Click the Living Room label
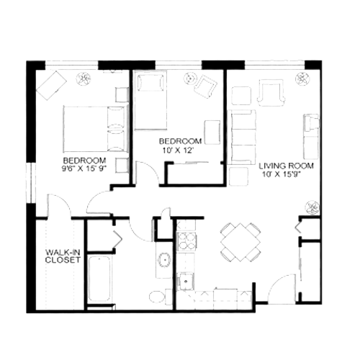(286, 166)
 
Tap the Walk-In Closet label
(63, 256)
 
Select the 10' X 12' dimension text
(178, 150)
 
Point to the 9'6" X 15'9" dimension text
(84, 168)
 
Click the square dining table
(240, 242)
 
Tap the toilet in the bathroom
(160, 297)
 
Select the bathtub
(99, 279)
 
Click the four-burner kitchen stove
(186, 241)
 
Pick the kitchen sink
(185, 282)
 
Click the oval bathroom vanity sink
(164, 259)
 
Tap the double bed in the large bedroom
(95, 129)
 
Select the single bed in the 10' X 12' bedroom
(150, 101)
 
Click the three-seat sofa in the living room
(243, 137)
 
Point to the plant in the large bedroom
(84, 79)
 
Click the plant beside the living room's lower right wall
(312, 207)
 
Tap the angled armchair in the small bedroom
(206, 86)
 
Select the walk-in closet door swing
(59, 204)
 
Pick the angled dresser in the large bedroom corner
(51, 85)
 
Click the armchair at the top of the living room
(271, 92)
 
